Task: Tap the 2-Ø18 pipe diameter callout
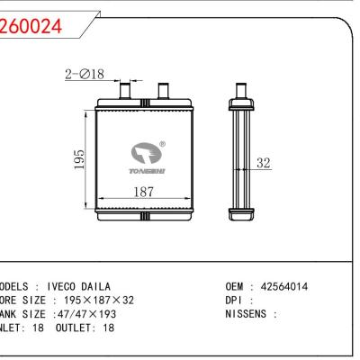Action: coord(85,75)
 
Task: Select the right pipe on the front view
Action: coord(163,90)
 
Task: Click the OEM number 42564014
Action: coord(280,287)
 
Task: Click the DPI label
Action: coord(234,301)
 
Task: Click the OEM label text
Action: coord(235,287)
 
